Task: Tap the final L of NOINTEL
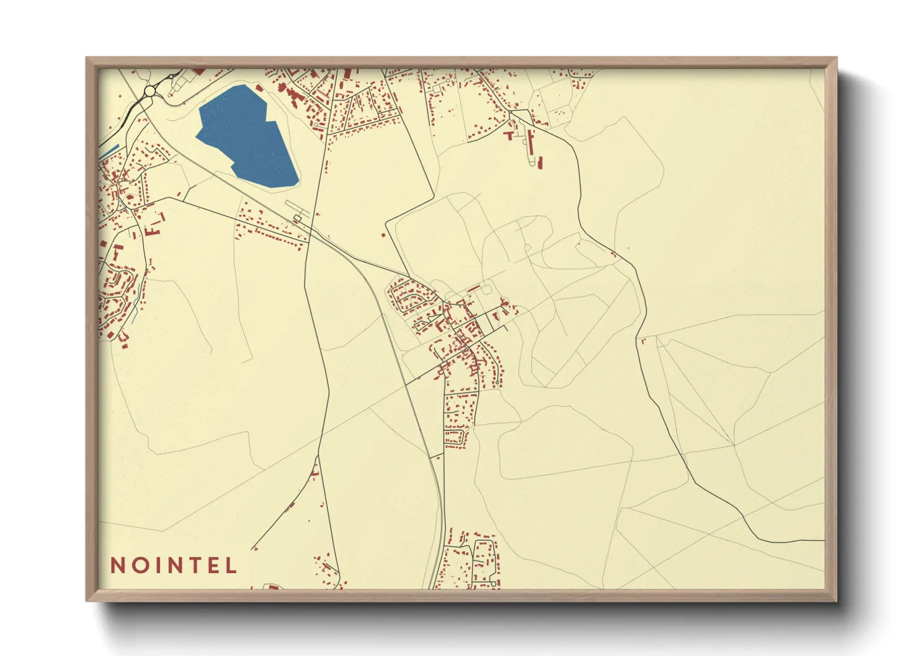pyautogui.click(x=231, y=565)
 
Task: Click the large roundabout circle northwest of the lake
pyautogui.click(x=149, y=91)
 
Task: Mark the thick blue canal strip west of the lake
pyautogui.click(x=109, y=151)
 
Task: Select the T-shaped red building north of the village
pyautogui.click(x=510, y=134)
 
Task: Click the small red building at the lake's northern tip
pyautogui.click(x=259, y=88)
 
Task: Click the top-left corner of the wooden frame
pyautogui.click(x=87, y=58)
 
